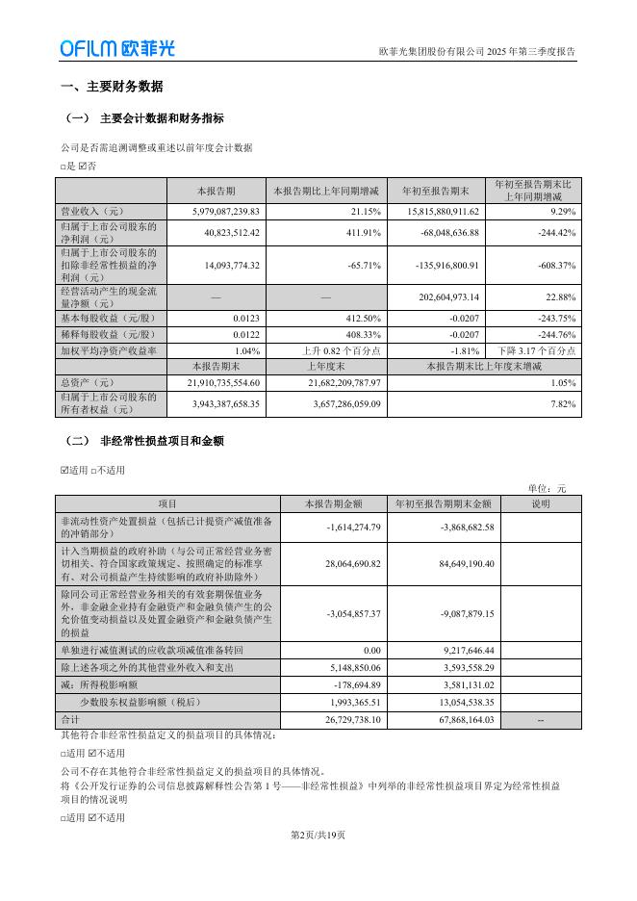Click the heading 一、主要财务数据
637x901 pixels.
tap(112, 86)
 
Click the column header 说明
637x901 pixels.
tap(540, 503)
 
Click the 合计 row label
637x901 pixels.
tap(69, 720)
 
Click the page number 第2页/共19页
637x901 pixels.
tap(318, 835)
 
